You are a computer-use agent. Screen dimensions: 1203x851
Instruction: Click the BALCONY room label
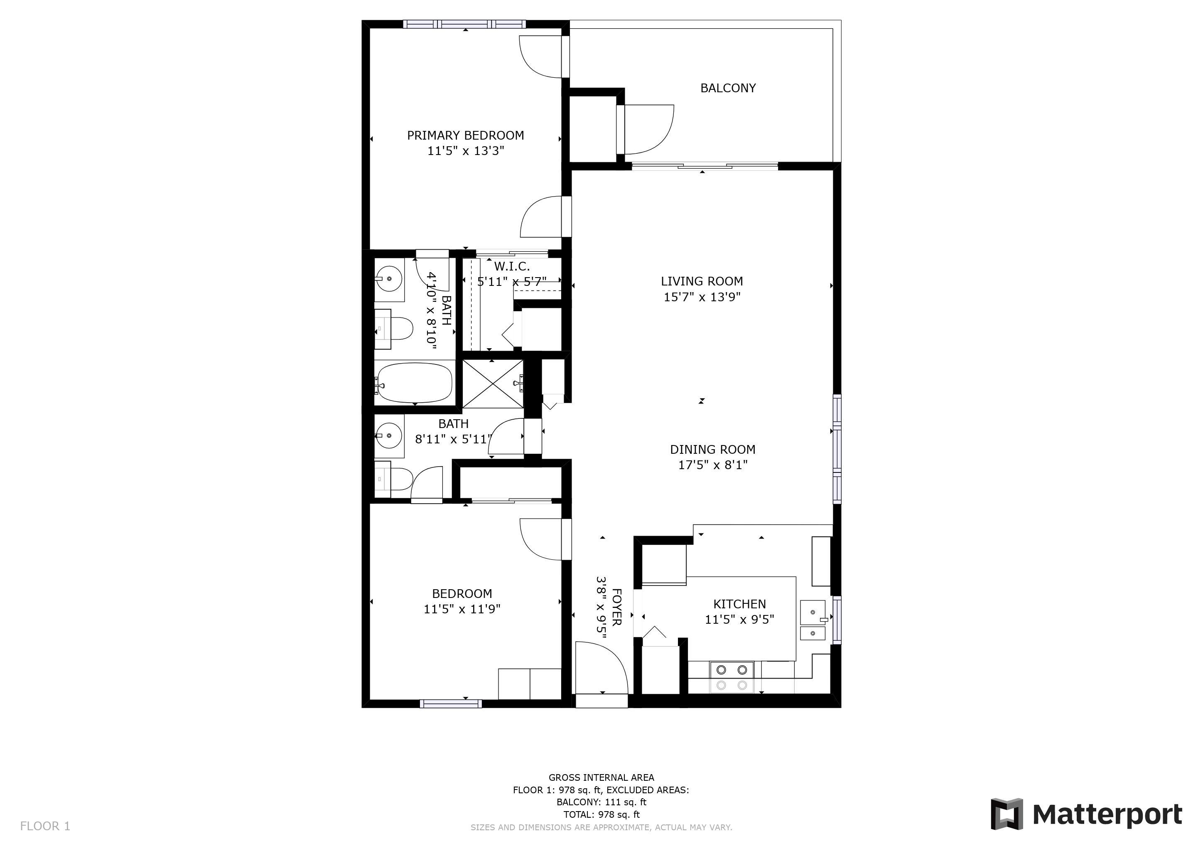click(x=728, y=88)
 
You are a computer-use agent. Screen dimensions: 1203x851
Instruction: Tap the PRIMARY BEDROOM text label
click(x=465, y=135)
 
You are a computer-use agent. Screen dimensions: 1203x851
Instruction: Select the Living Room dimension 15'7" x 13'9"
click(x=702, y=297)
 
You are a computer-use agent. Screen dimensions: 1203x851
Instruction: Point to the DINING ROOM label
click(x=712, y=450)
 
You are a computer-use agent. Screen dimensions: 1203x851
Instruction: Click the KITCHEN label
click(x=739, y=604)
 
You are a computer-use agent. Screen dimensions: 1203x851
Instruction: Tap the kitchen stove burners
click(x=732, y=677)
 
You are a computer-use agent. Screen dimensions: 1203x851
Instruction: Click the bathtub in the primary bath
click(x=414, y=383)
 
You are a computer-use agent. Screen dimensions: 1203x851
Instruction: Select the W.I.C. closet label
click(x=511, y=267)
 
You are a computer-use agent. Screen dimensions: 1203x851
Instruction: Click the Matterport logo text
click(x=1107, y=815)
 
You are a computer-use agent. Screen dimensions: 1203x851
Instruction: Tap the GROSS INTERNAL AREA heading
click(x=601, y=777)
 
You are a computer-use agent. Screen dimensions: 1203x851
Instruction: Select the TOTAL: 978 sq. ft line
click(x=601, y=815)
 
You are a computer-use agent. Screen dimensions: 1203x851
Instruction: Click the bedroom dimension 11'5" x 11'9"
click(x=462, y=609)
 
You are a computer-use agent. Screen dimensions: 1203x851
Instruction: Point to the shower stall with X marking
click(x=493, y=384)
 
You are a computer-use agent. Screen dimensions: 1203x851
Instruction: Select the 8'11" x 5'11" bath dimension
click(x=454, y=439)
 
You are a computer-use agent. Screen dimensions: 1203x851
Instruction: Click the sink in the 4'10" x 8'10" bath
click(x=389, y=279)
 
